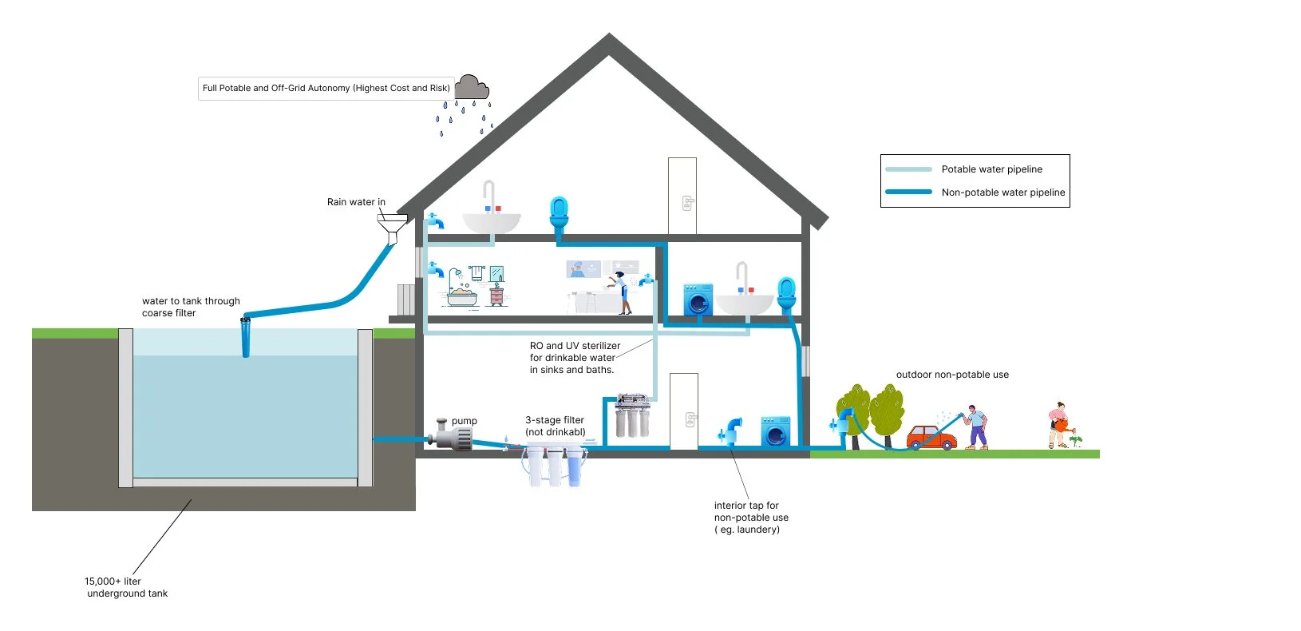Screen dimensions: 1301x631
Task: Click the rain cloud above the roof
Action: [472, 87]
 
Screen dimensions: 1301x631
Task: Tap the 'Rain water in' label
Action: [356, 201]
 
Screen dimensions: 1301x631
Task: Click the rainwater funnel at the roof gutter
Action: [392, 228]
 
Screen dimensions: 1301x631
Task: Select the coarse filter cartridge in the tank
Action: [246, 336]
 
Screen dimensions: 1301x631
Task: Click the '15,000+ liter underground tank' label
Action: [126, 587]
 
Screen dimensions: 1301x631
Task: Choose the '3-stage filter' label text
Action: [555, 419]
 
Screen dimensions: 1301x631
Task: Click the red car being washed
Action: [931, 438]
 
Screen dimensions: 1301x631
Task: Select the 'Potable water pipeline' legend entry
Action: [991, 169]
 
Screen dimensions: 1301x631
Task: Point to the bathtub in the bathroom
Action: [462, 297]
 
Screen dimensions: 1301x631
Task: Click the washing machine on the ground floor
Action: [775, 431]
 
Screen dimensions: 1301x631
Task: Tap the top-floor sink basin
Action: [492, 223]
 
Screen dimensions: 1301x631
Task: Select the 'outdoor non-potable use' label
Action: [952, 375]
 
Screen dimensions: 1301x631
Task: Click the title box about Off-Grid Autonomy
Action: [326, 89]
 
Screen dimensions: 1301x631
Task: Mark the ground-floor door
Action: [684, 411]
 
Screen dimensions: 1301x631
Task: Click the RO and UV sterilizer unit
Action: [632, 415]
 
